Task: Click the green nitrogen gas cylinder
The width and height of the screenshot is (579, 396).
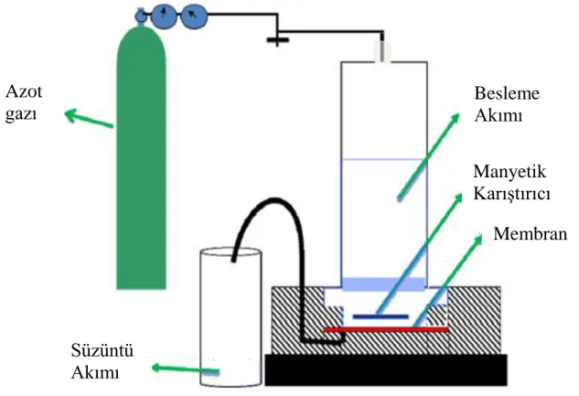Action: click(142, 159)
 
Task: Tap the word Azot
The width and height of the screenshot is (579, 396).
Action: click(24, 91)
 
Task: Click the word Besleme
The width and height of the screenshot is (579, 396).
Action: click(507, 93)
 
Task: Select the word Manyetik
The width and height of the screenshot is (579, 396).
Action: click(509, 172)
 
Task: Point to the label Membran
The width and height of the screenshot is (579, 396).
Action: click(531, 233)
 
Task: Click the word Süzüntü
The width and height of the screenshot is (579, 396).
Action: click(102, 350)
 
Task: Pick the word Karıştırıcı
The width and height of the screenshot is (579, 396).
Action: click(512, 193)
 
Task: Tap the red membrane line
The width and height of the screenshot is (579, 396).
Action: click(385, 329)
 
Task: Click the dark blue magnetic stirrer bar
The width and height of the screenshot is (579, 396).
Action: click(381, 316)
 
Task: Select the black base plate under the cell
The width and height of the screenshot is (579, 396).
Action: click(386, 369)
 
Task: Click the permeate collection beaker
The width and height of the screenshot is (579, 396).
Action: click(231, 317)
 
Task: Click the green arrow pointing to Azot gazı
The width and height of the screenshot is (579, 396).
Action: click(89, 118)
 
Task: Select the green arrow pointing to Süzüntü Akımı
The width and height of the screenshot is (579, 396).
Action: click(186, 369)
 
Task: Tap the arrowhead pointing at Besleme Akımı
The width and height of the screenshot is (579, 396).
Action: click(455, 118)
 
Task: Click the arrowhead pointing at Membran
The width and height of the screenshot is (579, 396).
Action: click(477, 240)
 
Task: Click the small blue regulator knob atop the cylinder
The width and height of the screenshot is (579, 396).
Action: click(140, 16)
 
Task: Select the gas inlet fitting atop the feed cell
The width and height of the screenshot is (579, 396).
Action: click(383, 51)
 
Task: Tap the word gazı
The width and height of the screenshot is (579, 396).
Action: click(21, 113)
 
